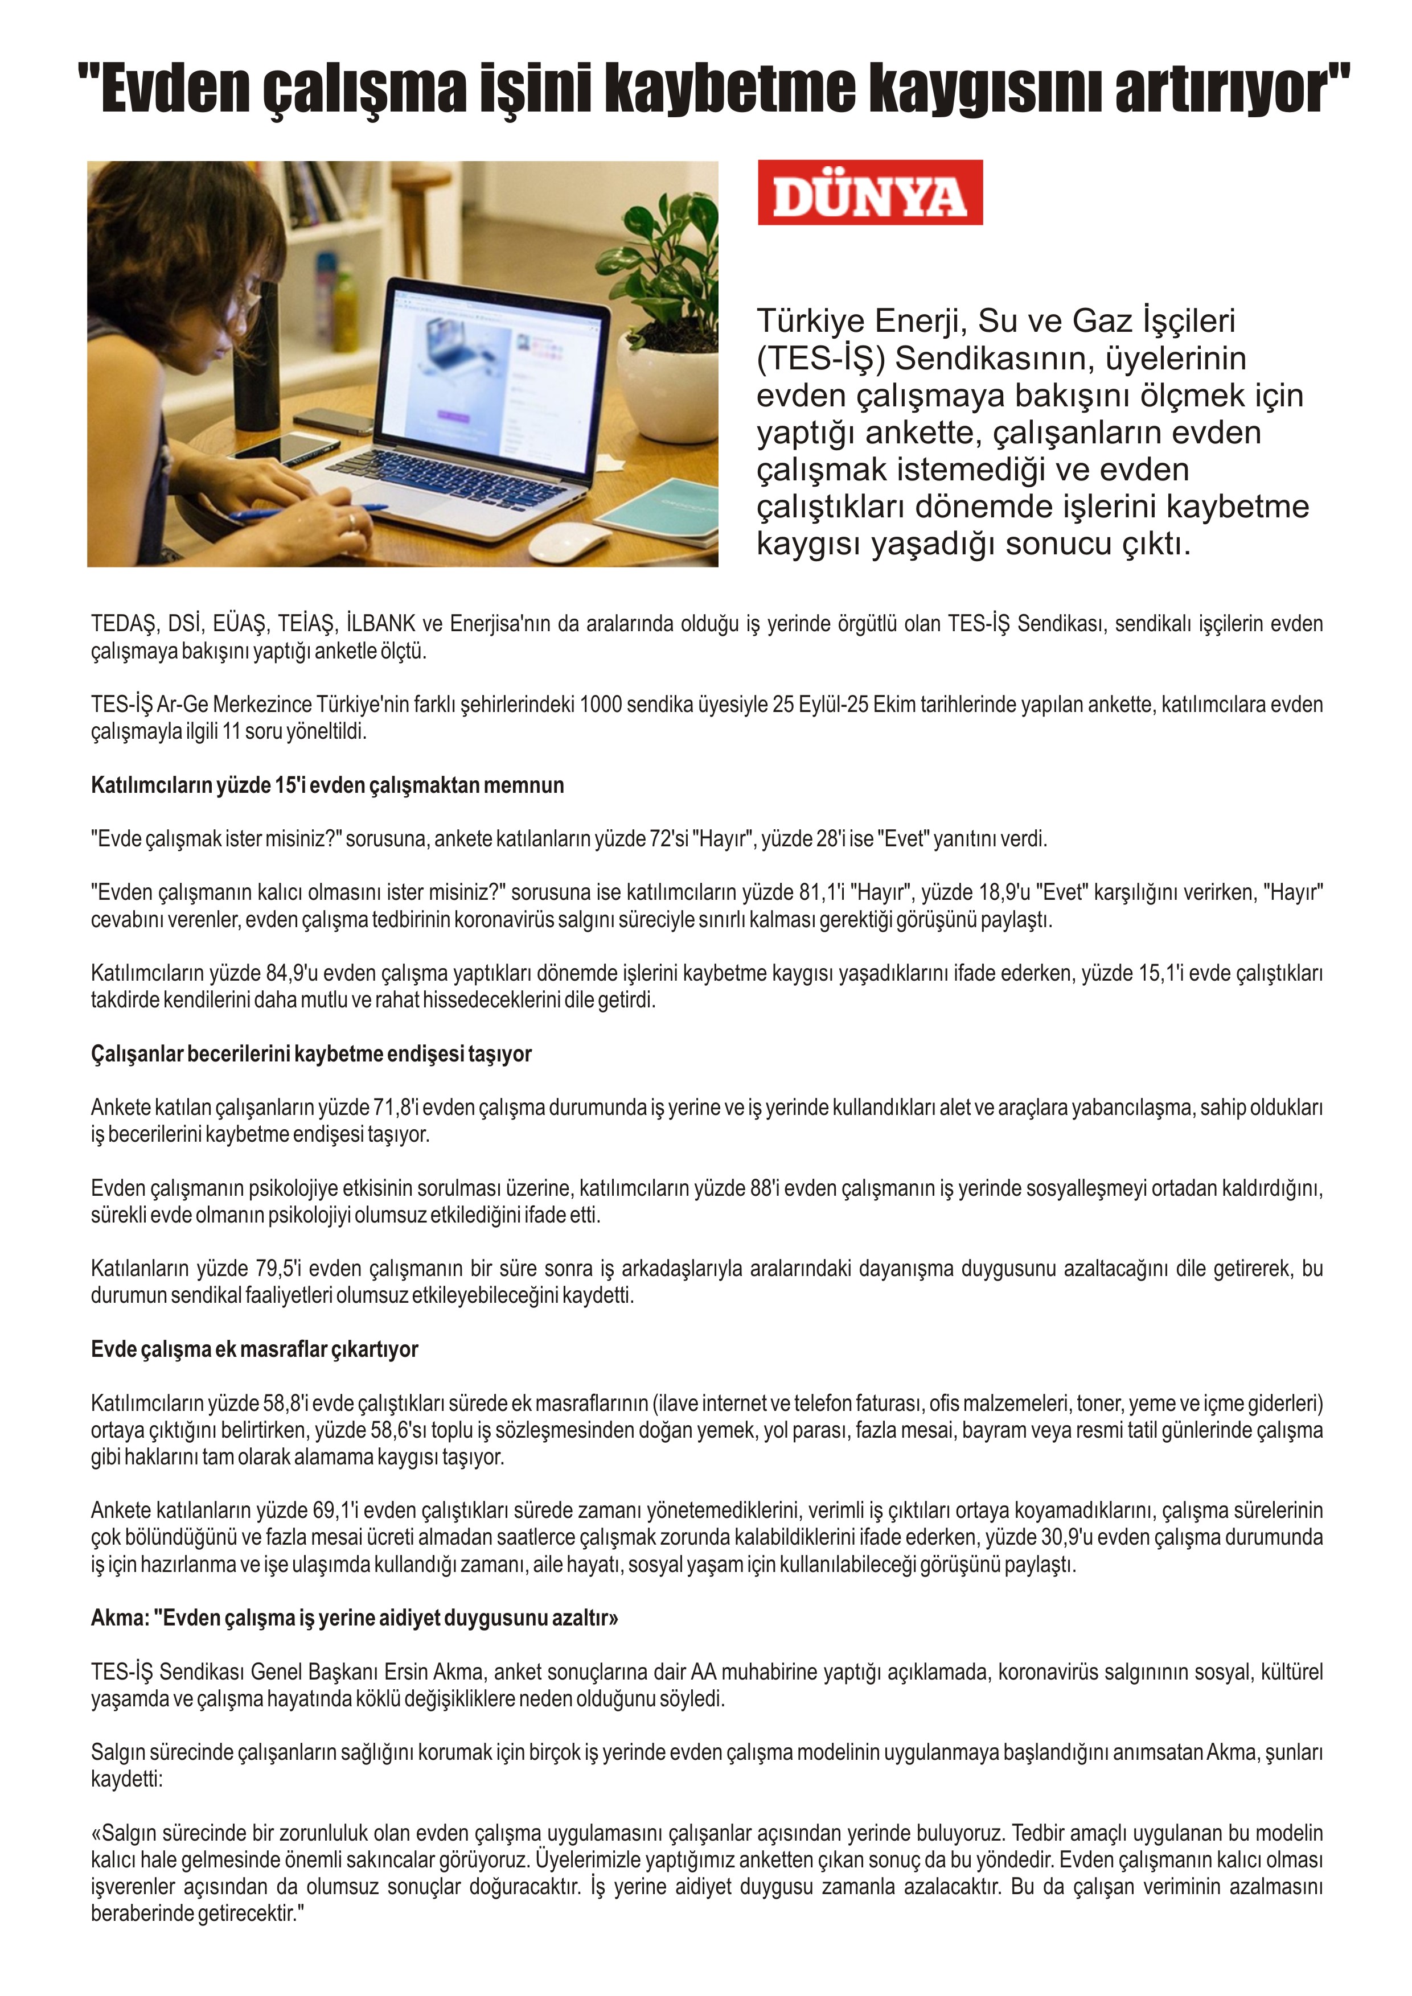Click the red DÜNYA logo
coord(869,193)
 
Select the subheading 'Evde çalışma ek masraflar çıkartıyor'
coord(254,1349)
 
